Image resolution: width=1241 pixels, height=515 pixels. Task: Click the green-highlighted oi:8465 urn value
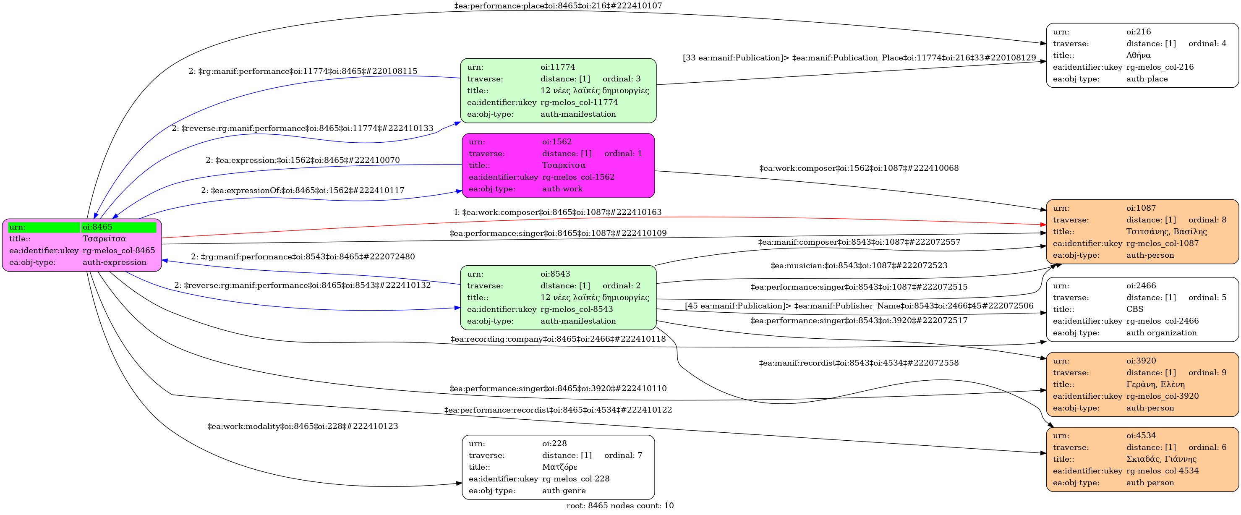pos(97,227)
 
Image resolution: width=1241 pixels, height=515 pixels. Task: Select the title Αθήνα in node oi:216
pos(1138,55)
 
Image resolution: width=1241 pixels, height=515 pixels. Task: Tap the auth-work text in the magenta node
pos(562,189)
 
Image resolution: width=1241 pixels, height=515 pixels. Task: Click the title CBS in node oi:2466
pos(1134,309)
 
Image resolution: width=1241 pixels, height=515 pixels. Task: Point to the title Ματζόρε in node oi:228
pos(559,467)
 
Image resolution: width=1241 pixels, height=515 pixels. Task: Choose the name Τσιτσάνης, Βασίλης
pos(1166,232)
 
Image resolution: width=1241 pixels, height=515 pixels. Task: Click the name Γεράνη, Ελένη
pos(1155,384)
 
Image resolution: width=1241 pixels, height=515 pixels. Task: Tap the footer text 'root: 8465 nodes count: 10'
pos(620,506)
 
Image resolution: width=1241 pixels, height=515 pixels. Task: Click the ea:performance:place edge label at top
pos(558,6)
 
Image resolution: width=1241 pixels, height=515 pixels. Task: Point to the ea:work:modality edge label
pos(303,426)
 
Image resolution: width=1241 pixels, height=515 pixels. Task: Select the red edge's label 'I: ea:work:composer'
pos(558,212)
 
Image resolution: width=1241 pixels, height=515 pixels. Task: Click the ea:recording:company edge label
pos(558,339)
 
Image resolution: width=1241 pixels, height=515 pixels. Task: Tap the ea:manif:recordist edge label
pos(859,363)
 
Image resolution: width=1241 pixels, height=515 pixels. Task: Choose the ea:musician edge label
pos(859,265)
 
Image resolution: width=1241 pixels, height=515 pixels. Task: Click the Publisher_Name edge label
pos(859,306)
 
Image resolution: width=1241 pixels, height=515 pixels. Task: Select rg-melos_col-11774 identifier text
pos(579,102)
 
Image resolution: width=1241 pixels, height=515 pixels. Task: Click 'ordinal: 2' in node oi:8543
pos(622,286)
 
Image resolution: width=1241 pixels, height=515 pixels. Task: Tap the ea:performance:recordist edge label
pos(558,410)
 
